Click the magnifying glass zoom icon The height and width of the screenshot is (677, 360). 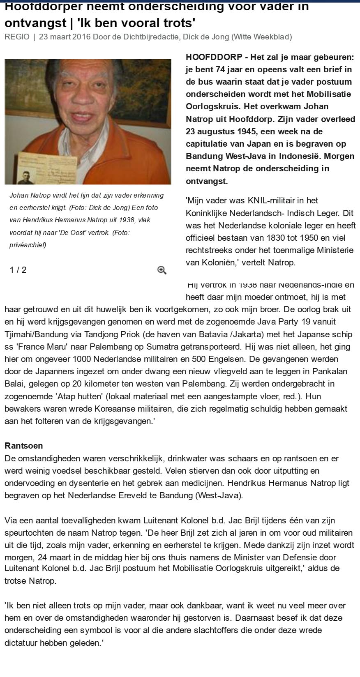(x=162, y=270)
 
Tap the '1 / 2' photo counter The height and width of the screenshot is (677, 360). (x=18, y=270)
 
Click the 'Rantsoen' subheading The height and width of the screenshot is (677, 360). (x=23, y=446)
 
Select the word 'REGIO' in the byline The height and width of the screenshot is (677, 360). (x=17, y=37)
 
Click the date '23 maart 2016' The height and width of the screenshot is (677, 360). (x=65, y=37)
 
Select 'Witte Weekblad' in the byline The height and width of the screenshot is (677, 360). (x=261, y=37)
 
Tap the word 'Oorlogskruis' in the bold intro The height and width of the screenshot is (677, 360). (x=213, y=106)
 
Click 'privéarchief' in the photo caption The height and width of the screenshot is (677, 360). (x=28, y=245)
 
